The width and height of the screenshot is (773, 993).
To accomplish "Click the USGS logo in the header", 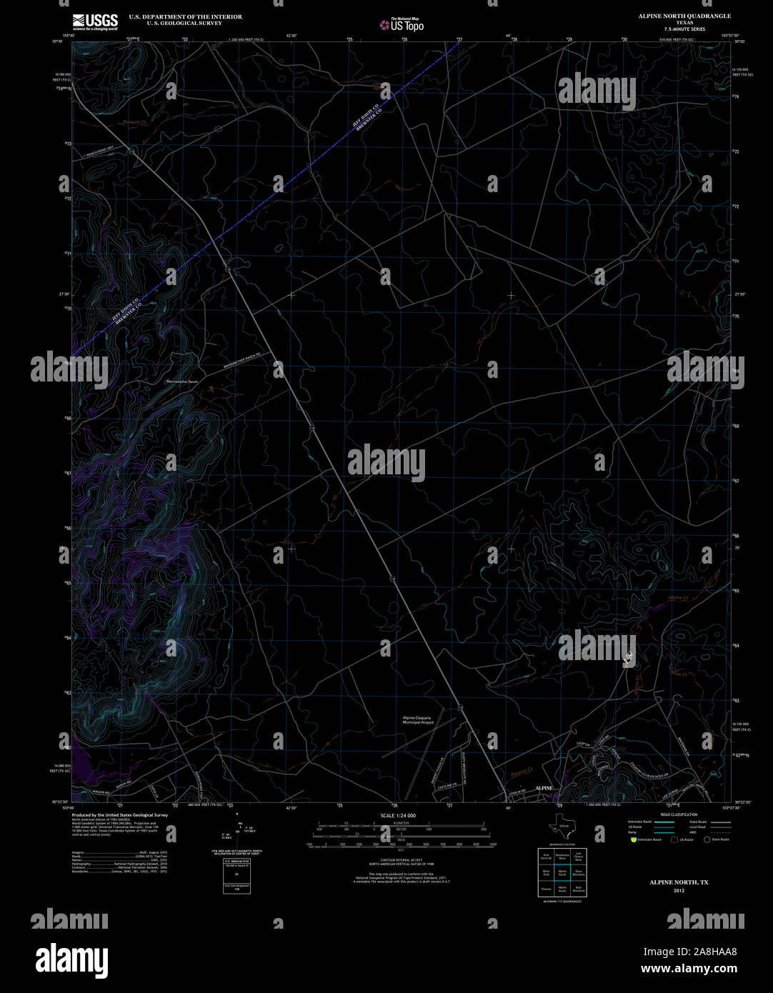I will (94, 22).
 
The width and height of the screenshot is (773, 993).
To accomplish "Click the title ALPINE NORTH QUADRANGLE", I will (674, 16).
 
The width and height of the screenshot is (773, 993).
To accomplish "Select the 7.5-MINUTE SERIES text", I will (674, 29).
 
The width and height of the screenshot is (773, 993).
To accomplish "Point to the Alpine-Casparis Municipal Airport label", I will (418, 719).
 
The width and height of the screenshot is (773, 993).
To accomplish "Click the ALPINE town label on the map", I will (544, 787).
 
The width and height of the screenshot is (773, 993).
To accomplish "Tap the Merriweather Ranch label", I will (181, 382).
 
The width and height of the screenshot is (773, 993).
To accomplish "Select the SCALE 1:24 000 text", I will (398, 815).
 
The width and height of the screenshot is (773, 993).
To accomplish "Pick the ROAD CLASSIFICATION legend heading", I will (679, 814).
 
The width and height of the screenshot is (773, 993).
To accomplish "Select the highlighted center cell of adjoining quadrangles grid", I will (562, 872).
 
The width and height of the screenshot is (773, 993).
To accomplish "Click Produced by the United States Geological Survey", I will (120, 814).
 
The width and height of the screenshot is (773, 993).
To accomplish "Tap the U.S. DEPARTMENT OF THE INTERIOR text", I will (185, 16).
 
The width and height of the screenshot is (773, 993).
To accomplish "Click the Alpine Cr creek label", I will (677, 597).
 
